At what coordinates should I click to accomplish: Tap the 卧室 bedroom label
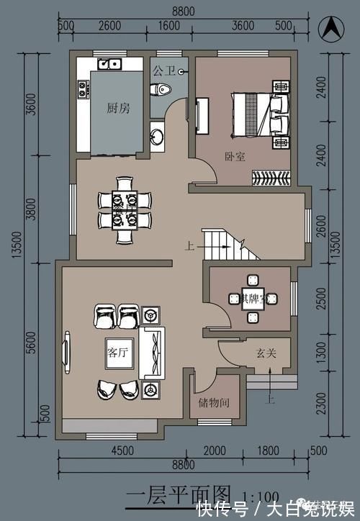tap(235, 155)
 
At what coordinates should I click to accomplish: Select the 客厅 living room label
tap(117, 353)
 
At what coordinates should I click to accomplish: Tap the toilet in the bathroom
tap(162, 89)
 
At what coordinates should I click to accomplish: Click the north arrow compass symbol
tap(330, 30)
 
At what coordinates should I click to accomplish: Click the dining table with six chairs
tap(125, 209)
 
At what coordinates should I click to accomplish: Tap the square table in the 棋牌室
tap(251, 298)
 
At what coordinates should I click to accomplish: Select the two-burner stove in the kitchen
tap(82, 89)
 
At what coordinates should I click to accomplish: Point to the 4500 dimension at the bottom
tap(122, 451)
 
